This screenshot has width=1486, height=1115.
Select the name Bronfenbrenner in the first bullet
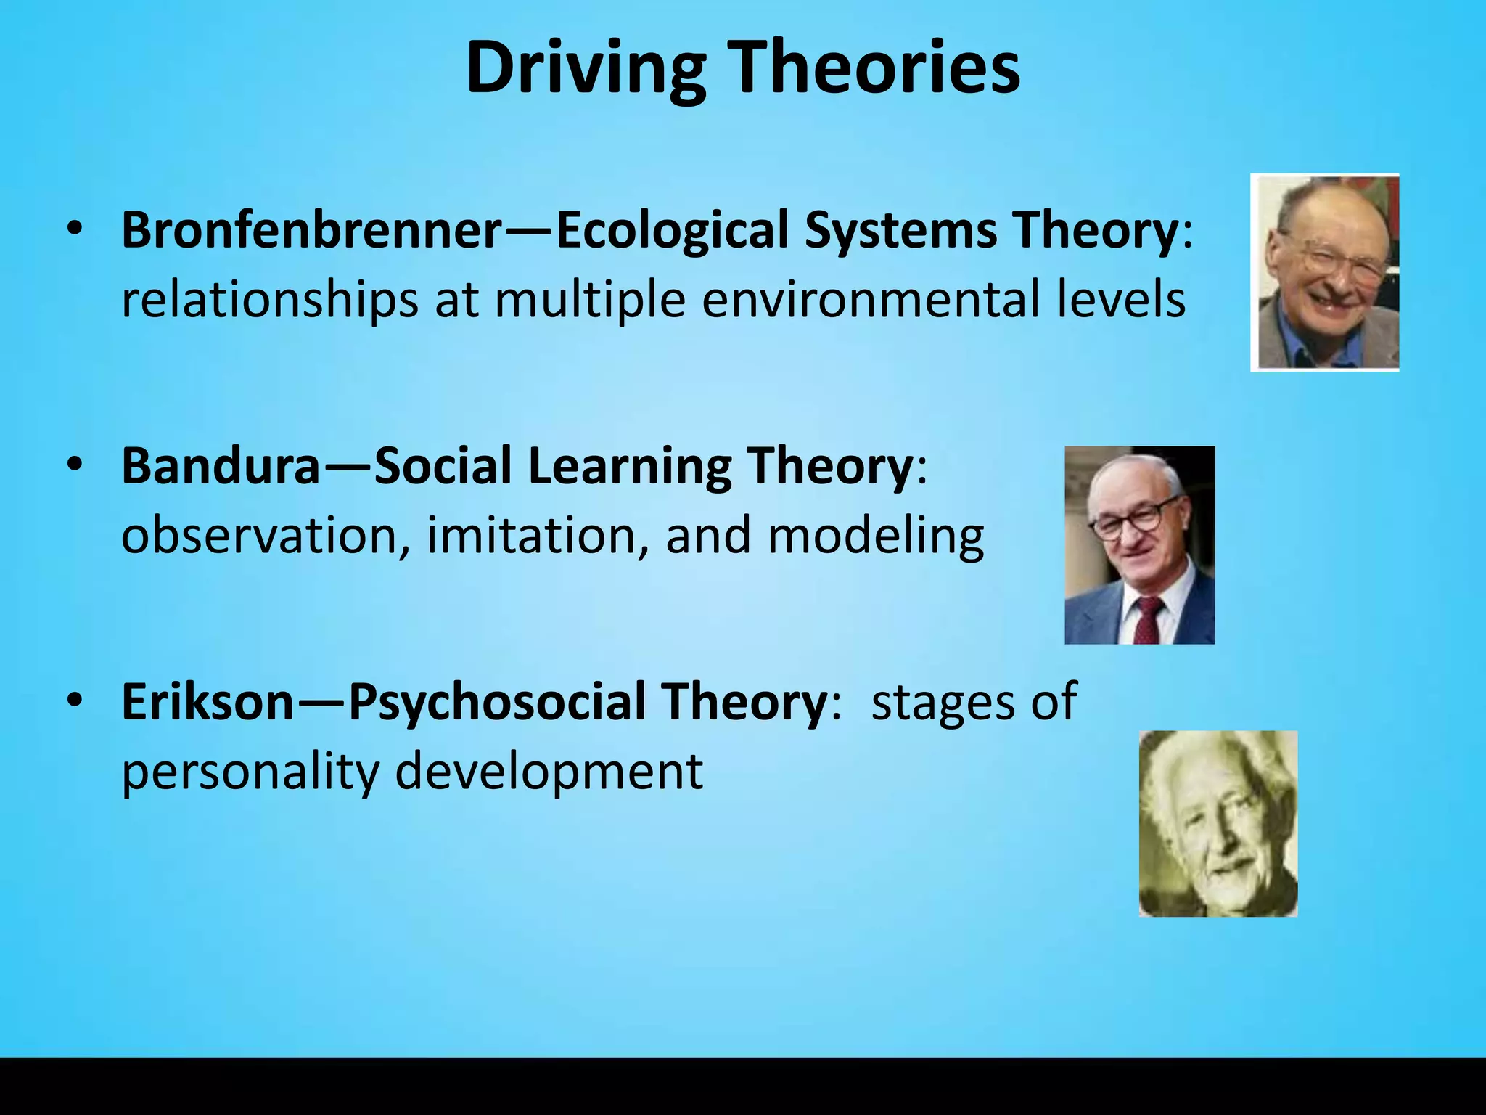[x=311, y=230]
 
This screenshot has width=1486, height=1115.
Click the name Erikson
[x=208, y=702]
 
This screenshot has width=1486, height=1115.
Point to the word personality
[x=250, y=772]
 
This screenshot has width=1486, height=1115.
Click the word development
[x=549, y=772]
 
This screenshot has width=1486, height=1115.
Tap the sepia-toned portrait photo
[x=1218, y=823]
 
